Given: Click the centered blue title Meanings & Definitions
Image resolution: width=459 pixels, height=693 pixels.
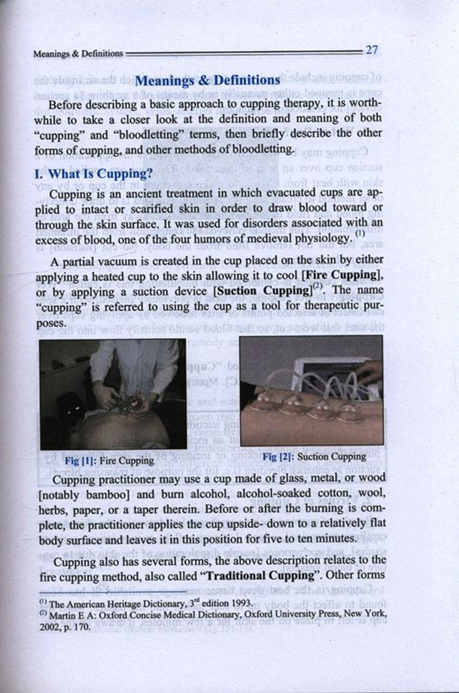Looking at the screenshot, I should point(208,80).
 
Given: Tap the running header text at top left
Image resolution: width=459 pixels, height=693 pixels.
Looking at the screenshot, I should point(78,54).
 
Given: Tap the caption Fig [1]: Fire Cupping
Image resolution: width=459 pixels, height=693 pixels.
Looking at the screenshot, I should point(109,460).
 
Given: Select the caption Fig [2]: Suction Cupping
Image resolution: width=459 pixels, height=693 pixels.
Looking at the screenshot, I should point(314,456).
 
